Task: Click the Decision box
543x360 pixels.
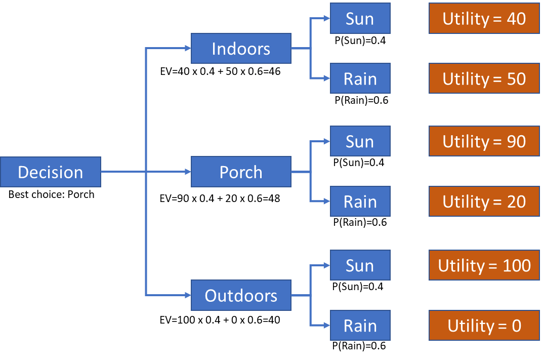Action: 51,172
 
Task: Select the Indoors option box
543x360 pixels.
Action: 241,49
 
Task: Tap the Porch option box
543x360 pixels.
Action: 241,172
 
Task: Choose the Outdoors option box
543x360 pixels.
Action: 241,296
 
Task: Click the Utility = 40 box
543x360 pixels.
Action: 484,19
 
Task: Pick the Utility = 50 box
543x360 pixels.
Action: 484,78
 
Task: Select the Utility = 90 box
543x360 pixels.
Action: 484,142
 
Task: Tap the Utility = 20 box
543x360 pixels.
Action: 484,202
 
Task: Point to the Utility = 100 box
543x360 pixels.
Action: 484,265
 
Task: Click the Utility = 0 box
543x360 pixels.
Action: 484,326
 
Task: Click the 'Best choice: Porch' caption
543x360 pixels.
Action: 51,194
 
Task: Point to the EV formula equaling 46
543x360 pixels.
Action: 220,71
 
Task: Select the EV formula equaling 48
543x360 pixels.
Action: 220,198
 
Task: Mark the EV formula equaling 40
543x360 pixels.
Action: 220,320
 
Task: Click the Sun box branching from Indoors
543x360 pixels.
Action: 360,19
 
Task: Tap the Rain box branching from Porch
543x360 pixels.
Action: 360,202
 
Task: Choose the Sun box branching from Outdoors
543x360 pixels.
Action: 360,265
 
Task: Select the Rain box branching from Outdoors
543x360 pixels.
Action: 360,326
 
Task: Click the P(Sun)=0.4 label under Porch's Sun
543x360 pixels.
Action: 359,163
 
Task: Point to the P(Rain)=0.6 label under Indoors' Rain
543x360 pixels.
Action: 361,100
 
